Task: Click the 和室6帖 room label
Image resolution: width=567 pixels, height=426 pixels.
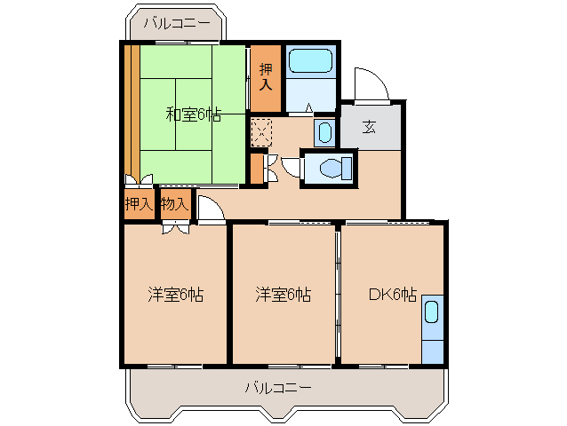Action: tap(193, 114)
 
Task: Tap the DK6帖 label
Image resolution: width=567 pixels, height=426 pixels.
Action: tap(392, 295)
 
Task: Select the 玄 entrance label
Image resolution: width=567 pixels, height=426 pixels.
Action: tap(369, 127)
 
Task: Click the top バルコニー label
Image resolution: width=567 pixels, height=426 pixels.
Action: tap(177, 23)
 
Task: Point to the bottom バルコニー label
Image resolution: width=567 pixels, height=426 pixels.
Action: tap(278, 388)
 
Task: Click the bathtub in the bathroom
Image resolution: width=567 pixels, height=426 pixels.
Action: tap(311, 60)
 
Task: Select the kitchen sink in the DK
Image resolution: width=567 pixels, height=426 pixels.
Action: tap(432, 312)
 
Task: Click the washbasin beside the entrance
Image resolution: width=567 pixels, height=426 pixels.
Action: tap(324, 132)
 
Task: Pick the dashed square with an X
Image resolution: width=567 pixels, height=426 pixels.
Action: tap(261, 133)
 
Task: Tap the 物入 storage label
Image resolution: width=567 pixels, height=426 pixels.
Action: tap(175, 205)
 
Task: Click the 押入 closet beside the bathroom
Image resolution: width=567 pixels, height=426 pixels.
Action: tap(266, 78)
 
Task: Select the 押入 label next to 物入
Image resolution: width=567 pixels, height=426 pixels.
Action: tap(140, 205)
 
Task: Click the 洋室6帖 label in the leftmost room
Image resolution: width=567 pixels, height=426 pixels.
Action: tap(175, 295)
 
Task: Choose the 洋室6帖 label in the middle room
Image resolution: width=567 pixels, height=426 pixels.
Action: tap(283, 295)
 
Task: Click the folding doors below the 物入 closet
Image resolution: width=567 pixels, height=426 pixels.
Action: tap(176, 228)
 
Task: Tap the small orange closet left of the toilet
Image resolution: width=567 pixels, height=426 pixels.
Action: tap(257, 169)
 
